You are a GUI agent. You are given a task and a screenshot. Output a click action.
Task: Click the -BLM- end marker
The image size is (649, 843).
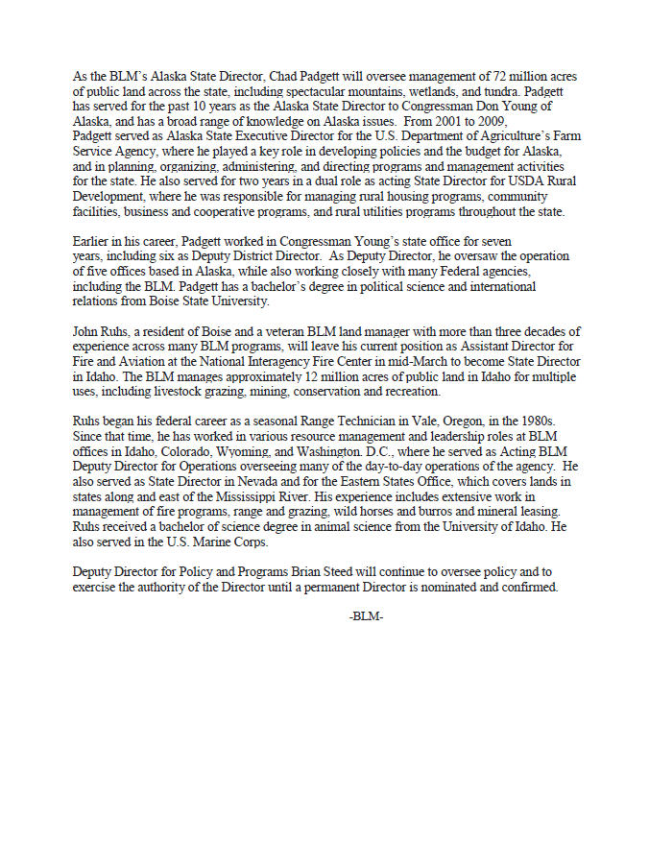(x=366, y=615)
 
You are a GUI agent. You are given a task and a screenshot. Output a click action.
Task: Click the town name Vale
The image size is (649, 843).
(x=397, y=421)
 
